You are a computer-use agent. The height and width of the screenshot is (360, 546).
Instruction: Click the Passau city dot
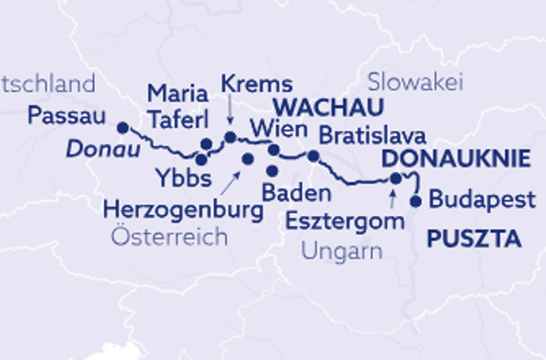coord(123,127)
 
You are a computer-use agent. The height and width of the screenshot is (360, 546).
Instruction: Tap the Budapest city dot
coord(415,201)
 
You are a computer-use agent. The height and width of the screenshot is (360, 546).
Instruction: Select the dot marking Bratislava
coord(313,156)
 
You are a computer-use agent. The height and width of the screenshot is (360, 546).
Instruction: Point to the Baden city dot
coord(272,171)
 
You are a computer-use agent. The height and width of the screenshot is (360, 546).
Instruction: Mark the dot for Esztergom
coord(396,178)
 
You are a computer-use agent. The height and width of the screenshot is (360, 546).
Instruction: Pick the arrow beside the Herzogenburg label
coord(236,178)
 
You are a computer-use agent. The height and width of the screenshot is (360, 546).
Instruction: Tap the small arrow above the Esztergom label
coord(391,199)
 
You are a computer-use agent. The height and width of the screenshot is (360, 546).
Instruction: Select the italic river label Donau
coord(103,149)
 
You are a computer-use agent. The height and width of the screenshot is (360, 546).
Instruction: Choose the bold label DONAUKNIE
coord(456,158)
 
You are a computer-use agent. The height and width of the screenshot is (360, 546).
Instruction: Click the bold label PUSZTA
coord(473,239)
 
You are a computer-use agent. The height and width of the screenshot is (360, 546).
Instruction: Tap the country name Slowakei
coord(416,82)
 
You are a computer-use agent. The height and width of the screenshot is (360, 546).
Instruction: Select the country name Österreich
coord(168,238)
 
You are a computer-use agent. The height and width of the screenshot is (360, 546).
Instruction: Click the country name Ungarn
coord(341,250)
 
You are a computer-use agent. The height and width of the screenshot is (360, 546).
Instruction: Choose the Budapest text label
coord(482,200)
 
